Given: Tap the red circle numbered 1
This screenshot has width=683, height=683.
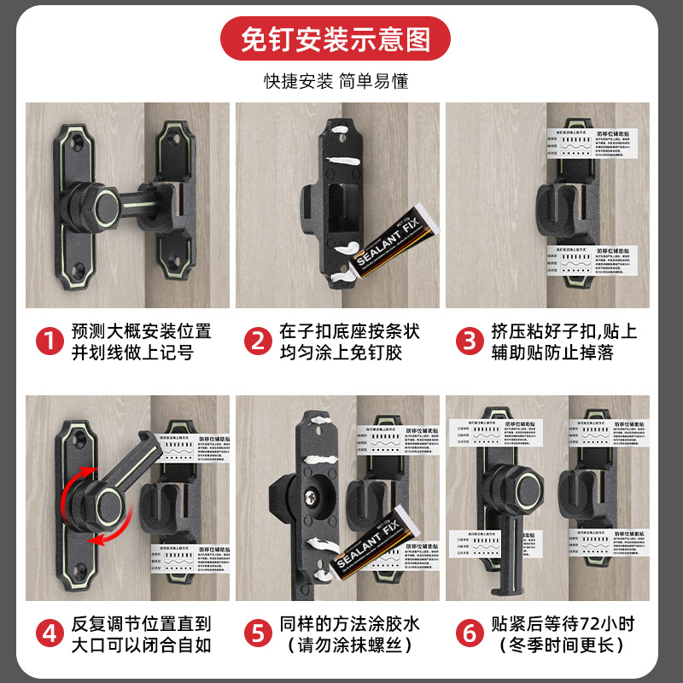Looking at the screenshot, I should point(49,341).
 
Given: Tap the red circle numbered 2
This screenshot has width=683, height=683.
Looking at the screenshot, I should point(256,341).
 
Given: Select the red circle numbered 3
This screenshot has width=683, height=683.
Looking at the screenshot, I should point(469,341).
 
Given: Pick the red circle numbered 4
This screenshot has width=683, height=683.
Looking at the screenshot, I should point(49,633).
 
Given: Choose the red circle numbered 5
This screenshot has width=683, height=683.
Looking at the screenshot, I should point(256,633).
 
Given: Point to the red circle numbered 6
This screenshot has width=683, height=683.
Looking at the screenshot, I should point(469,633).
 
